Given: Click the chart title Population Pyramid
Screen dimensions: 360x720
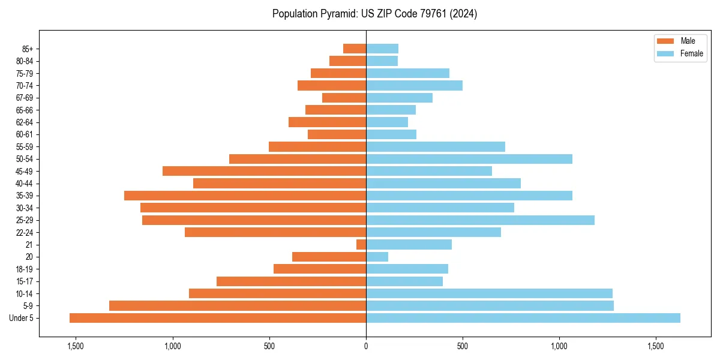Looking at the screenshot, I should (x=374, y=14).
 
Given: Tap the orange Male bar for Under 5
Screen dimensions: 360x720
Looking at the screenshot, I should (x=218, y=318).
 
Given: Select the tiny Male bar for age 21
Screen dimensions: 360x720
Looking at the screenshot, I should (x=361, y=245).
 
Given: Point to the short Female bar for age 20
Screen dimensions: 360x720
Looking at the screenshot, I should (x=377, y=257).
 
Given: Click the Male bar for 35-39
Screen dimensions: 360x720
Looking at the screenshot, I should (x=245, y=196).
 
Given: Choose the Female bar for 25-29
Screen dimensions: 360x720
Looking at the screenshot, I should (x=480, y=220).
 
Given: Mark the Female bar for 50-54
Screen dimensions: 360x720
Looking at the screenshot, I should (x=469, y=159).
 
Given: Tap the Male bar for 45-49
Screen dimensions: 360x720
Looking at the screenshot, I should (x=264, y=171).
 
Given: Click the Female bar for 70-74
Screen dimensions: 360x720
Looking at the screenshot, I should (x=414, y=86).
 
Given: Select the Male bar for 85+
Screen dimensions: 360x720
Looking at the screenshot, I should (x=355, y=49).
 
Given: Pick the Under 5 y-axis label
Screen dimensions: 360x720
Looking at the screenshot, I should (x=21, y=318).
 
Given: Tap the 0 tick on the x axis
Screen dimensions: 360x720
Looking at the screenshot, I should (x=366, y=346).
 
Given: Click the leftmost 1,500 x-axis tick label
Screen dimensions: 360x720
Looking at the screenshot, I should (x=76, y=346).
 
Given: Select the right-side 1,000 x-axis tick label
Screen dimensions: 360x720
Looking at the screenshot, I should (x=559, y=346).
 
